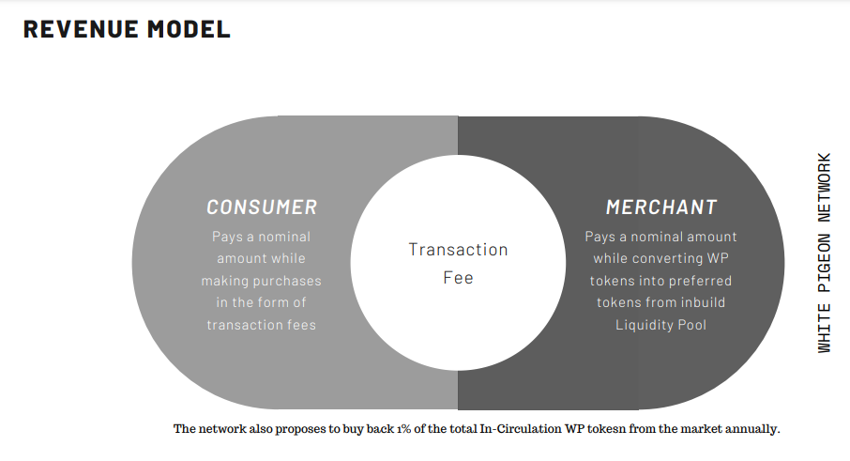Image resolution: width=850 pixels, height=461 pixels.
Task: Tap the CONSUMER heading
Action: [262, 207]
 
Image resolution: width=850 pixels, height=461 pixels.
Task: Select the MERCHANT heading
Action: [661, 207]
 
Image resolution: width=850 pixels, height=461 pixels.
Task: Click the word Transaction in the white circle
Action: [458, 250]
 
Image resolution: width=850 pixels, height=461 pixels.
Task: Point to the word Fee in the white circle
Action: [458, 278]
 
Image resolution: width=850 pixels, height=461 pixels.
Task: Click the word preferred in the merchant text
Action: [704, 282]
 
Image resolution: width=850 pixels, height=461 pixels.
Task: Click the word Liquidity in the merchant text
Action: [643, 326]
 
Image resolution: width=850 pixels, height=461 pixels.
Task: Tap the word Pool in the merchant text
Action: [691, 325]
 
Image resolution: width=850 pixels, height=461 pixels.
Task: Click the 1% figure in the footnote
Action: [403, 429]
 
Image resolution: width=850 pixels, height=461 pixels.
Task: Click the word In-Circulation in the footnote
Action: [521, 429]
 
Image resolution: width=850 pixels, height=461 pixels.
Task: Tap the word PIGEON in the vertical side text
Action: [824, 263]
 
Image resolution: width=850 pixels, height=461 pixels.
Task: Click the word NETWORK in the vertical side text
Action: [824, 188]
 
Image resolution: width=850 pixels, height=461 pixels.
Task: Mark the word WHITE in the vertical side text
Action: [824, 329]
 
